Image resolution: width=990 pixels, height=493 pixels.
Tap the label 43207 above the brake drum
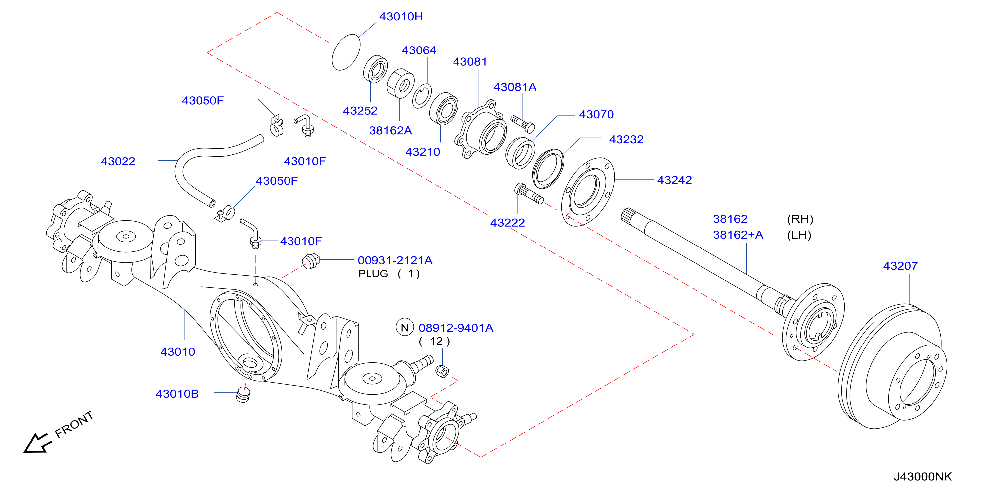(900, 266)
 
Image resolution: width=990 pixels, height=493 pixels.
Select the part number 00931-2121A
(395, 260)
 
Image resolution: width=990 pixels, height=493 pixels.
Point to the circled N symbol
(405, 327)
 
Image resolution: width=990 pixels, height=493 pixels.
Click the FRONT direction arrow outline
(37, 444)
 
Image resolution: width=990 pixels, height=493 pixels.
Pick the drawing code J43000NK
(923, 476)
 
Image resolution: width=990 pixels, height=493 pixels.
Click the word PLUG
(373, 274)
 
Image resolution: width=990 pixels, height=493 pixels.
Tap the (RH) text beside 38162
(800, 219)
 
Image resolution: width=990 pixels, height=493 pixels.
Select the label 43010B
(177, 394)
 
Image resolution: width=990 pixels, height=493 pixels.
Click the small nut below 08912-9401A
(442, 371)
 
